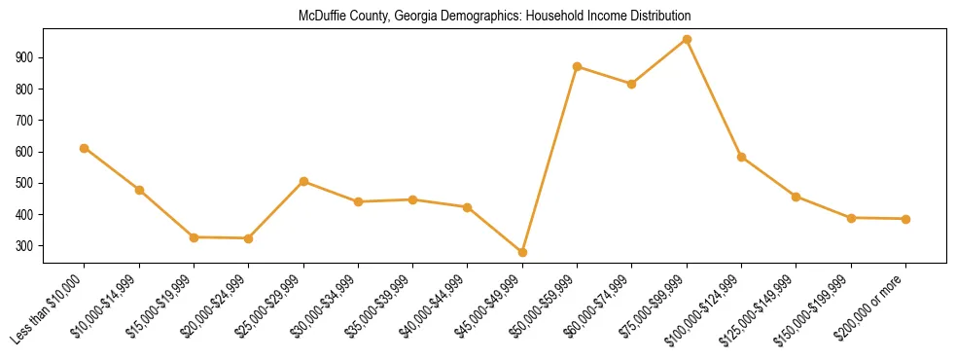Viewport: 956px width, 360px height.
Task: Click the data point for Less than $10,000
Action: (x=85, y=148)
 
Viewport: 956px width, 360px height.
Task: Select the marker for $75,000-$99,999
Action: (x=687, y=40)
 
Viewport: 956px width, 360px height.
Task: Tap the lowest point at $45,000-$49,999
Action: (x=522, y=252)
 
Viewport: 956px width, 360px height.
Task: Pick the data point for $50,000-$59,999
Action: (x=578, y=67)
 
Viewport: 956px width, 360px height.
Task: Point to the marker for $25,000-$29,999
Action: (x=303, y=181)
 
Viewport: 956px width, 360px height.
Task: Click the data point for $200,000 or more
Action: (x=905, y=219)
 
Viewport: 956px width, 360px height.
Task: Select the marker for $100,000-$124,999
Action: (x=741, y=157)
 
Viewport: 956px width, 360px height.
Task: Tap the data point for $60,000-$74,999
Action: (x=632, y=84)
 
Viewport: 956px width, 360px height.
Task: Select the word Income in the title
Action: (x=594, y=17)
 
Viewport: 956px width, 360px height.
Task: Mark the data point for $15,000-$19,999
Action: (x=194, y=237)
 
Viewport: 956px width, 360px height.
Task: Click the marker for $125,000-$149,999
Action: (x=796, y=197)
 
